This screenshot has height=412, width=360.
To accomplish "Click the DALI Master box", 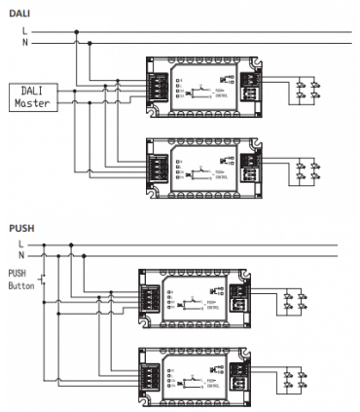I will click(x=32, y=96).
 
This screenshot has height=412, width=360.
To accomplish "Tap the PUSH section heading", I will click(x=21, y=227).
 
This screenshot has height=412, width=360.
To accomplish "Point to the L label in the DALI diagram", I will click(x=25, y=32).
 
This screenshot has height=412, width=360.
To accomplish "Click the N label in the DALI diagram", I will click(x=25, y=43).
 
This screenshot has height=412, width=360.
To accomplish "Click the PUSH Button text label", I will click(x=20, y=281).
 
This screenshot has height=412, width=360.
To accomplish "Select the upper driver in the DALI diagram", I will click(x=202, y=87).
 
